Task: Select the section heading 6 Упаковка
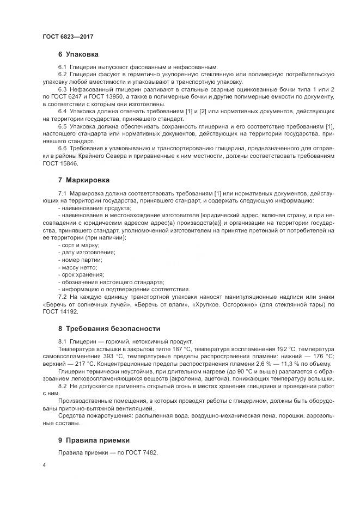(78, 54)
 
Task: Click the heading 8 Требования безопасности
(109, 328)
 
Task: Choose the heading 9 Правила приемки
(94, 440)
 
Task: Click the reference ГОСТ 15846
(60, 163)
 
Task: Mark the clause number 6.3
(62, 89)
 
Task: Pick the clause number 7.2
(62, 297)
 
